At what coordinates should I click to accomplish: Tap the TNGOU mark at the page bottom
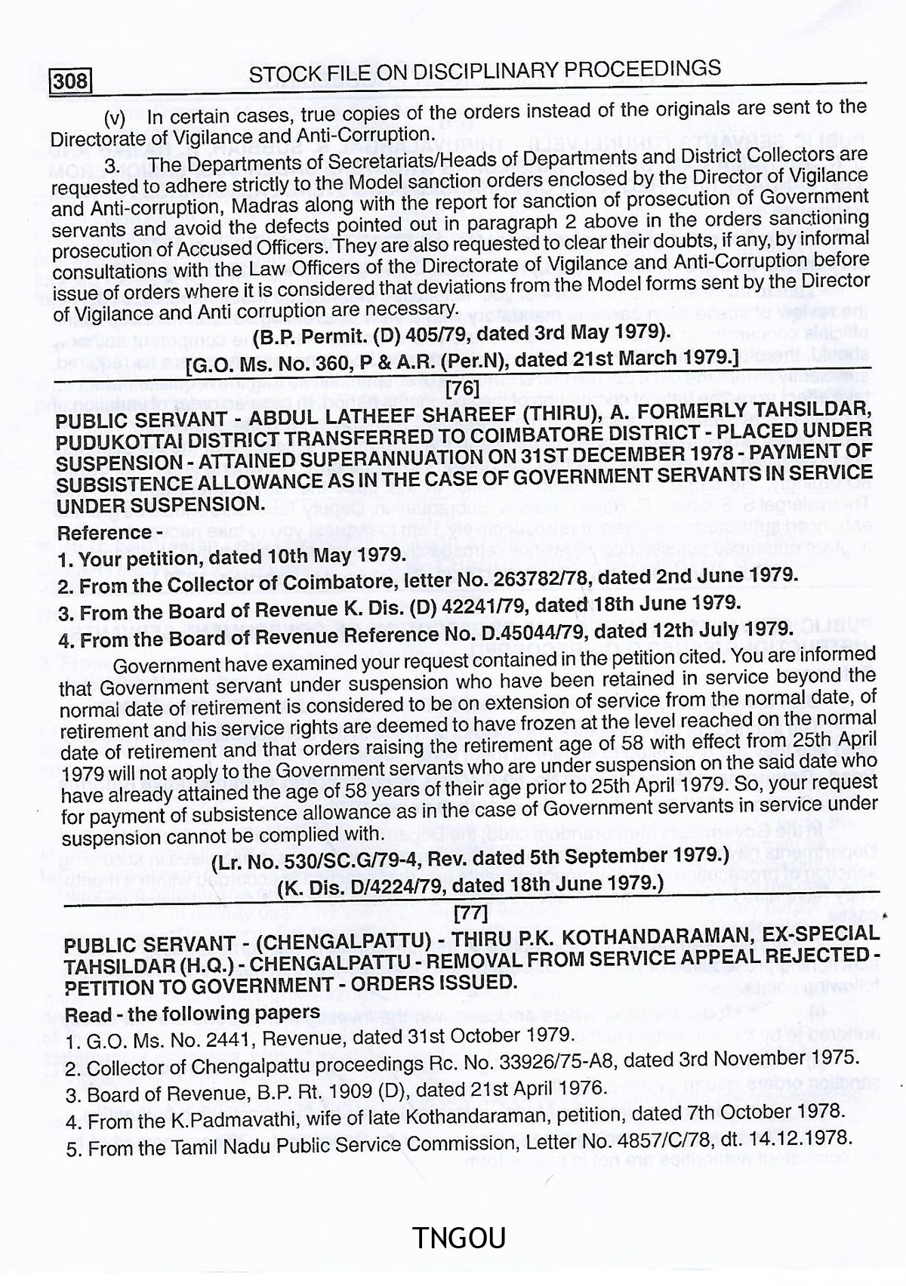pyautogui.click(x=459, y=1238)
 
